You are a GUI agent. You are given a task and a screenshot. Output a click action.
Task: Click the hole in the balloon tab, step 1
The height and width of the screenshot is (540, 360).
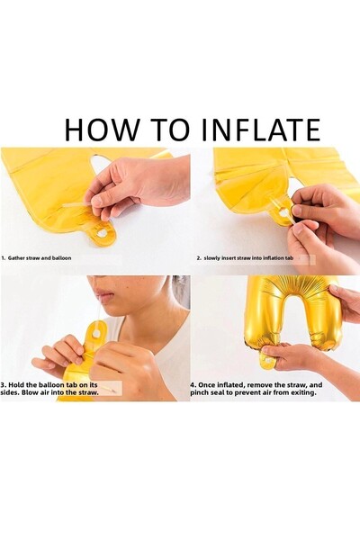coord(102,233)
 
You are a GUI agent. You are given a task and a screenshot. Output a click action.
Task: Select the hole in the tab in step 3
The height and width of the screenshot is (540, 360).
coord(98,334)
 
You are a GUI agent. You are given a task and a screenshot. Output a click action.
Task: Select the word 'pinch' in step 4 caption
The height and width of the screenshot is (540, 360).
coord(200,392)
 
